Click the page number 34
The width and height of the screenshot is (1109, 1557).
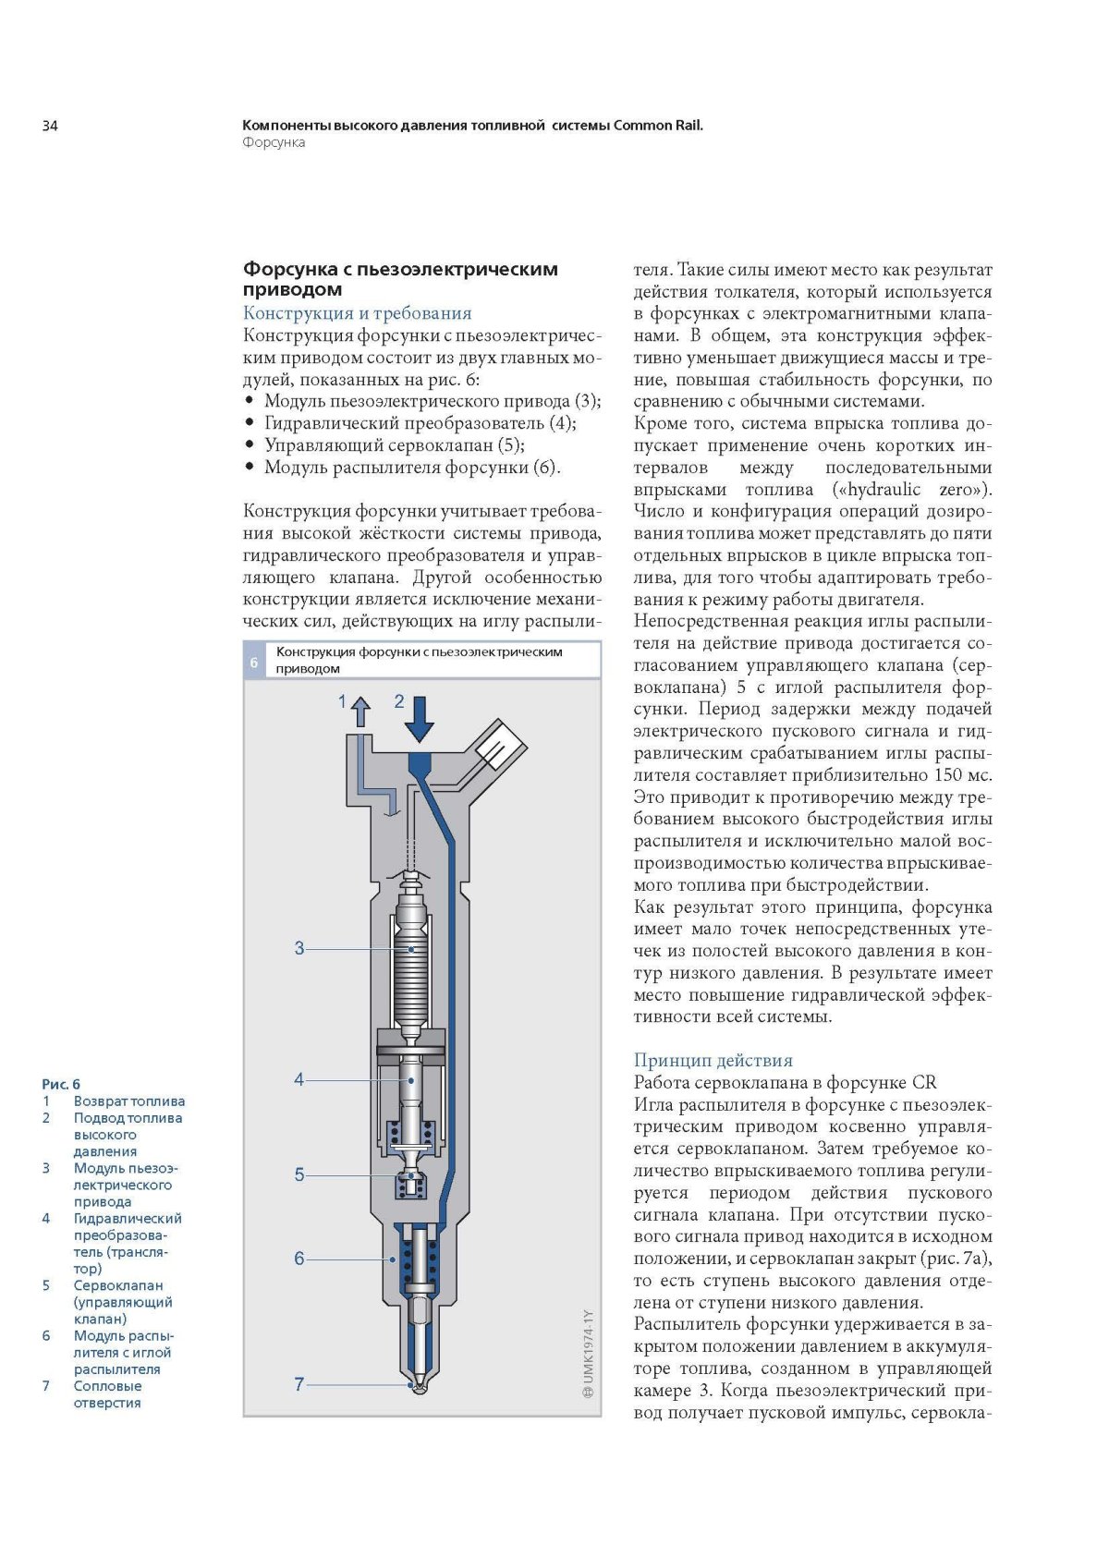(x=50, y=126)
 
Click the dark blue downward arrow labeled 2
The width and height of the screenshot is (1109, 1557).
(x=420, y=719)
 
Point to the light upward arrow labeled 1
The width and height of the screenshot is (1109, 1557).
(x=360, y=712)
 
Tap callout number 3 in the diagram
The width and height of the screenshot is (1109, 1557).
(x=299, y=948)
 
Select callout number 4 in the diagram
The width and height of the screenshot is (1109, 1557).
(x=299, y=1079)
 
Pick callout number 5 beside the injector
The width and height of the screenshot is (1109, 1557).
(x=299, y=1174)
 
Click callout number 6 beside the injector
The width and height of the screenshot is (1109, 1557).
(x=299, y=1259)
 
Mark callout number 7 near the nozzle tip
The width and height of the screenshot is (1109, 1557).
(x=299, y=1384)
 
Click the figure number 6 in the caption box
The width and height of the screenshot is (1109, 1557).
(x=254, y=662)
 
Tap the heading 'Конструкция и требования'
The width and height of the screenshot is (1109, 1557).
(x=357, y=313)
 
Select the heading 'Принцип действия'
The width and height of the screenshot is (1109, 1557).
(x=713, y=1060)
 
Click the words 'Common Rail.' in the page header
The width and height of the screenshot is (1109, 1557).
(x=658, y=125)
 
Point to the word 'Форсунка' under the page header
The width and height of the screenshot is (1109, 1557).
(x=274, y=142)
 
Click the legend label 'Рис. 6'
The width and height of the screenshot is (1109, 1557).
(x=61, y=1084)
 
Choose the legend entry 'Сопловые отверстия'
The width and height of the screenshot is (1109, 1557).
(x=107, y=1394)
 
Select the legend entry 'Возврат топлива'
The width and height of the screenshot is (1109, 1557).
(x=128, y=1101)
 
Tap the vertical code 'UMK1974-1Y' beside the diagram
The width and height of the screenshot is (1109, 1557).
(x=589, y=1353)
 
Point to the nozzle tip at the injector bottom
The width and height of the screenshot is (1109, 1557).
(x=420, y=1386)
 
